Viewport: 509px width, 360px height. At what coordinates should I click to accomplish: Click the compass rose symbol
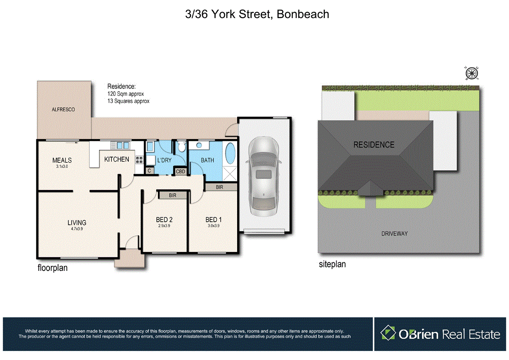pyautogui.click(x=471, y=73)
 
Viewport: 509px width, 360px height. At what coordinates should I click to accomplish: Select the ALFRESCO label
pyautogui.click(x=63, y=109)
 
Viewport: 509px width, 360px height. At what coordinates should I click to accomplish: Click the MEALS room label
pyautogui.click(x=62, y=160)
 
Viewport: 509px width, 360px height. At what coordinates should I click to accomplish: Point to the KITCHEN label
pyautogui.click(x=117, y=159)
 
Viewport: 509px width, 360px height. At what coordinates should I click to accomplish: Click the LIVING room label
pyautogui.click(x=77, y=222)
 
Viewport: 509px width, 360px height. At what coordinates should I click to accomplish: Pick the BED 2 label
pyautogui.click(x=164, y=220)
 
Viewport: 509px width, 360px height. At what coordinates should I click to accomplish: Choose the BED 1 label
pyautogui.click(x=213, y=220)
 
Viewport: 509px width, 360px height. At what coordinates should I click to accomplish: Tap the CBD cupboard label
pyautogui.click(x=180, y=171)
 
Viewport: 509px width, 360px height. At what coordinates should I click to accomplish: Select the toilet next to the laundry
pyautogui.click(x=181, y=147)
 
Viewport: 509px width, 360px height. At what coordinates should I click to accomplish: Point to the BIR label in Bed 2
pyautogui.click(x=172, y=195)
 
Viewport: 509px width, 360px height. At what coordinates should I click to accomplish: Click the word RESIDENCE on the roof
pyautogui.click(x=374, y=145)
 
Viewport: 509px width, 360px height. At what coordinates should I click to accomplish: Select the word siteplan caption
pyautogui.click(x=332, y=265)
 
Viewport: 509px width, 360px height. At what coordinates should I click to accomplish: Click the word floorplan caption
pyautogui.click(x=52, y=268)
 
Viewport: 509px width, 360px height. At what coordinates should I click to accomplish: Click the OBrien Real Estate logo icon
pyautogui.click(x=388, y=333)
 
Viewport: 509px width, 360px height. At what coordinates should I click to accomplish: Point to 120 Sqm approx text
pyautogui.click(x=126, y=94)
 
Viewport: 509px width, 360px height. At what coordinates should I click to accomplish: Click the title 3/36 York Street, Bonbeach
pyautogui.click(x=257, y=14)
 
